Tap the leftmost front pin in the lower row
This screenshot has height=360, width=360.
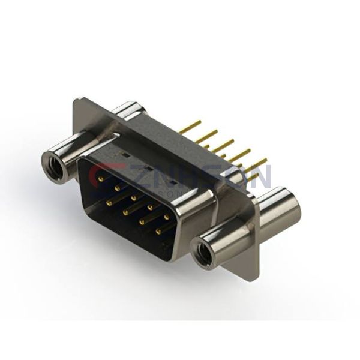109,203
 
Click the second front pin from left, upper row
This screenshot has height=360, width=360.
118,187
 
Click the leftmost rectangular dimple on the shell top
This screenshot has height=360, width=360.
124,154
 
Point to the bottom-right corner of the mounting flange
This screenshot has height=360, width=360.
257,278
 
